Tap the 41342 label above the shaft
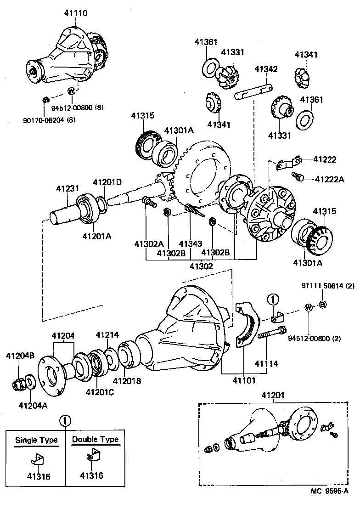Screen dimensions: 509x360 coord(266,69)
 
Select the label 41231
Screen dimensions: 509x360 coord(67,188)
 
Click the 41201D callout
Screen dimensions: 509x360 coord(107,182)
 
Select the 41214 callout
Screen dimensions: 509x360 coord(107,334)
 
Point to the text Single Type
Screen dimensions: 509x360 coord(37,440)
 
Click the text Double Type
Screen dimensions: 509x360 coord(95,440)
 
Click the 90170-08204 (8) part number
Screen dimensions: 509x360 coord(49,120)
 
